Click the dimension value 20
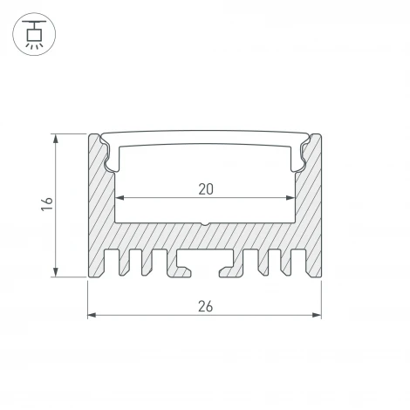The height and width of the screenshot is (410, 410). pyautogui.click(x=206, y=189)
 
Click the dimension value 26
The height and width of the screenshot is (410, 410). pyautogui.click(x=206, y=306)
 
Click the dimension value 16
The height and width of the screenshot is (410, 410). pyautogui.click(x=47, y=204)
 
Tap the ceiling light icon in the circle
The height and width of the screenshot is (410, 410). pyautogui.click(x=34, y=34)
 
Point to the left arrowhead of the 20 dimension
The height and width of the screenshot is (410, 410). pyautogui.click(x=120, y=198)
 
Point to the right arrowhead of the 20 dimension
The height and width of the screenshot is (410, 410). pyautogui.click(x=290, y=198)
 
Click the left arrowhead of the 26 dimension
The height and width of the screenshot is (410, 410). pyautogui.click(x=92, y=315)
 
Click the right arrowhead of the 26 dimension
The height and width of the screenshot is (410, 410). pyautogui.click(x=317, y=315)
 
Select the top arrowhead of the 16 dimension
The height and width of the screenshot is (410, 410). pyautogui.click(x=56, y=139)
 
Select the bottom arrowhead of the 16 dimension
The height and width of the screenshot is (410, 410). pyautogui.click(x=56, y=272)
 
